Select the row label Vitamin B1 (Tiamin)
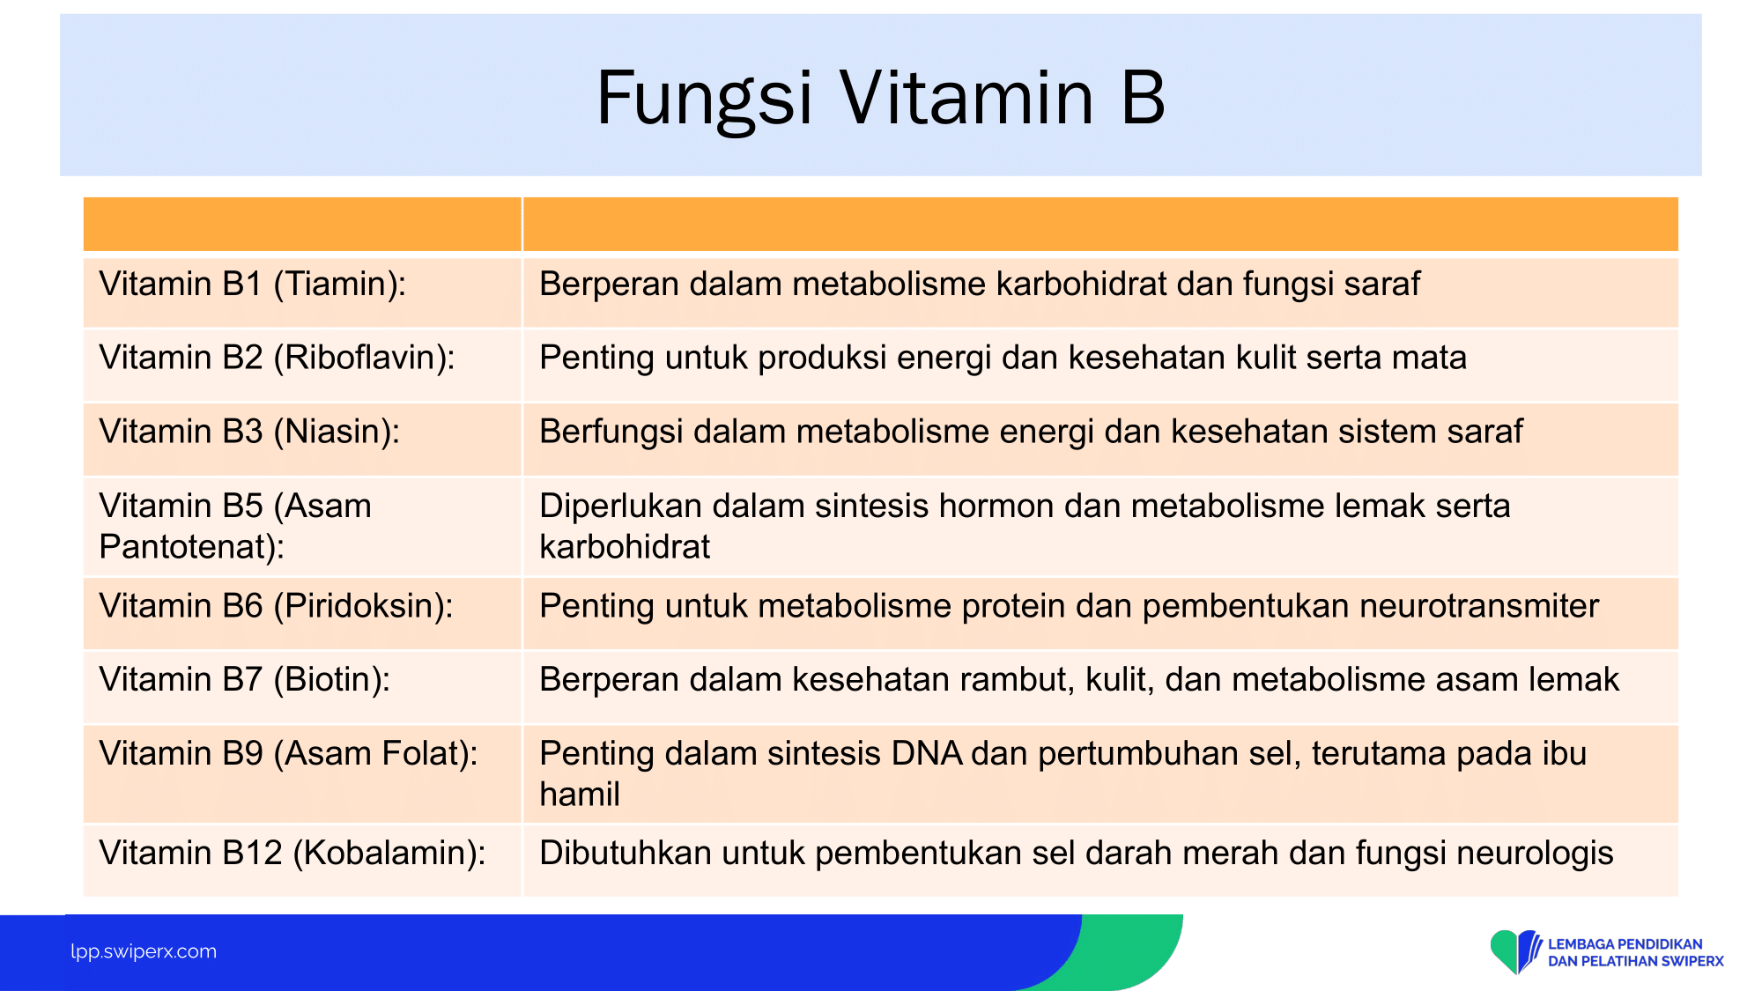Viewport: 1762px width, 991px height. [253, 284]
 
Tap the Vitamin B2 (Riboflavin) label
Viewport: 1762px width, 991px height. [278, 357]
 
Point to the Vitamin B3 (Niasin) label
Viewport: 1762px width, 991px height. [249, 431]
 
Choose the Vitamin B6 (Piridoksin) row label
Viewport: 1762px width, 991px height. [277, 605]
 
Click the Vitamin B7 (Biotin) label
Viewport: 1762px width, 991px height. [245, 679]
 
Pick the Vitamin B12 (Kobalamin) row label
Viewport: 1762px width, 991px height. [292, 853]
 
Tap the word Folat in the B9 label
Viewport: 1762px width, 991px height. [429, 753]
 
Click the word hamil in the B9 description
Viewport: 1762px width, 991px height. [580, 794]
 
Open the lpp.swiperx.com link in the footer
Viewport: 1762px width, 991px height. [144, 951]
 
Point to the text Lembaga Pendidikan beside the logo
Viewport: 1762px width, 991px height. [1625, 944]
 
